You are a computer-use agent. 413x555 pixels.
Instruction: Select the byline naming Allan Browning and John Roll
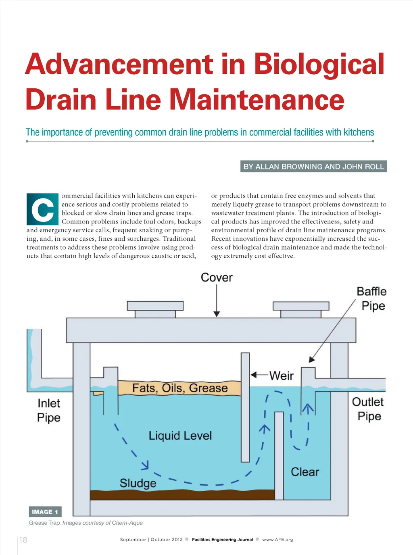pyautogui.click(x=314, y=167)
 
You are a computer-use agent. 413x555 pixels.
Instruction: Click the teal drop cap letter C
pyautogui.click(x=43, y=209)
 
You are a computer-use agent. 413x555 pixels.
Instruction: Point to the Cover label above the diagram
pyautogui.click(x=217, y=277)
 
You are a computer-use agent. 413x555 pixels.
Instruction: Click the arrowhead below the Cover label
pyautogui.click(x=217, y=314)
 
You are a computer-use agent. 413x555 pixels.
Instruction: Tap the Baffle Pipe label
pyautogui.click(x=372, y=299)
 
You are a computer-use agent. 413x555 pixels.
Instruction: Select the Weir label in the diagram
pyautogui.click(x=282, y=376)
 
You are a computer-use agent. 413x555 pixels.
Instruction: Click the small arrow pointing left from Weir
pyautogui.click(x=260, y=375)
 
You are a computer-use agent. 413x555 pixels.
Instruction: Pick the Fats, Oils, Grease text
pyautogui.click(x=180, y=388)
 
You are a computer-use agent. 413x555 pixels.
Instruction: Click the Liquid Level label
pyautogui.click(x=180, y=436)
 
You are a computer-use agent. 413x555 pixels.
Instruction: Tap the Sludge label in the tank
pyautogui.click(x=138, y=483)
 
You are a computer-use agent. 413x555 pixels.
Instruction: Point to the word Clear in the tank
pyautogui.click(x=305, y=472)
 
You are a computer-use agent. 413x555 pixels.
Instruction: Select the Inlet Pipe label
pyautogui.click(x=49, y=411)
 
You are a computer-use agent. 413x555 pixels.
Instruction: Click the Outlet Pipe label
pyautogui.click(x=368, y=409)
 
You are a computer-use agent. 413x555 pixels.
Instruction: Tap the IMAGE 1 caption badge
pyautogui.click(x=45, y=512)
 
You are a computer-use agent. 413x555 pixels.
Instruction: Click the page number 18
pyautogui.click(x=23, y=540)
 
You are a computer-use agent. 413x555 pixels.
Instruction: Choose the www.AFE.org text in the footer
pyautogui.click(x=277, y=540)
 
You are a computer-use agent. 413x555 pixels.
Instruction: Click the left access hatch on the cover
pyautogui.click(x=155, y=309)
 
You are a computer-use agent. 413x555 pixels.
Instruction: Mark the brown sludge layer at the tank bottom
pyautogui.click(x=182, y=494)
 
